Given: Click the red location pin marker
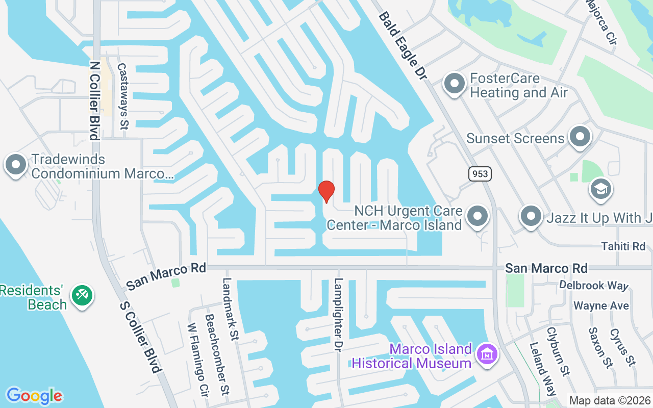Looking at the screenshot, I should click(x=326, y=191).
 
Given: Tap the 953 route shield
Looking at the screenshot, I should click(x=480, y=174).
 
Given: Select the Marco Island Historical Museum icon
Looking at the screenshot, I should click(x=487, y=354).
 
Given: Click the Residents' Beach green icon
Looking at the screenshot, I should click(x=82, y=295).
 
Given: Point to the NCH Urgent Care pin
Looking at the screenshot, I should click(x=478, y=216).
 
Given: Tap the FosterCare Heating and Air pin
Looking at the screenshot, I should click(x=454, y=83).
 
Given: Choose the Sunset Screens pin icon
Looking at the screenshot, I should click(x=580, y=137).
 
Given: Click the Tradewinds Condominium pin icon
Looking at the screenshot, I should click(x=16, y=165).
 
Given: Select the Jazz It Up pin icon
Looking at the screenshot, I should click(x=531, y=216).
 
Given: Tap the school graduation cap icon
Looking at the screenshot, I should click(x=601, y=189).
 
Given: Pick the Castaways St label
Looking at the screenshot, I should click(x=122, y=96).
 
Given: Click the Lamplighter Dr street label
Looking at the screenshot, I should click(x=338, y=313).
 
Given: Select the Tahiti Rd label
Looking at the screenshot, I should click(x=623, y=246).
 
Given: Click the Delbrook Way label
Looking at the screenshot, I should click(x=594, y=285).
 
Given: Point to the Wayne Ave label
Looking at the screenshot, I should click(x=601, y=306).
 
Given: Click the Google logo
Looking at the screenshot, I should click(x=34, y=395).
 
